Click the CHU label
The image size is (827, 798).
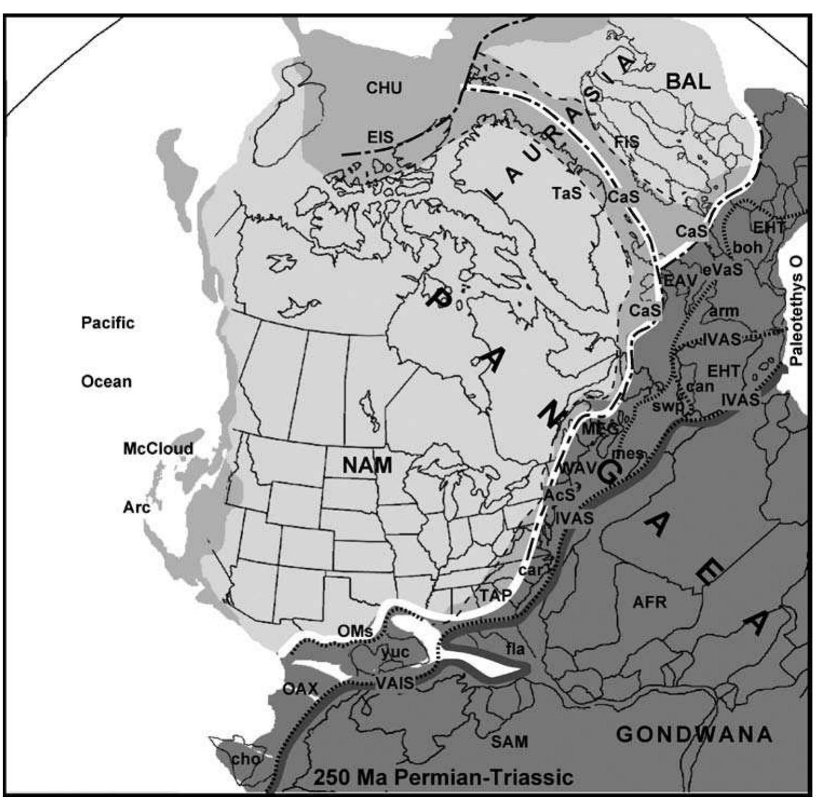pos(384,88)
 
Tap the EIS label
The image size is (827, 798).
pos(380,137)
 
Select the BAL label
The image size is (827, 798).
pos(688,81)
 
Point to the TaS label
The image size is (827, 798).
pos(566,192)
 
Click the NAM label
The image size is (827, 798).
pos(367,465)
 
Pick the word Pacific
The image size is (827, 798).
pos(107,323)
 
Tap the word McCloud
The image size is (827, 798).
pos(158,449)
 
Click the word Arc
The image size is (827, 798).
pos(136,507)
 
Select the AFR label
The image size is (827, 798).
pos(650,602)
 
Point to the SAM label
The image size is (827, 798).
pos(509,741)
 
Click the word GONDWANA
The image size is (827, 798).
pos(694,734)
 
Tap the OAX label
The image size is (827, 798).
pos(300,689)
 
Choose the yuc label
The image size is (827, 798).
pos(395,652)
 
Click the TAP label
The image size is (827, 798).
pos(496,595)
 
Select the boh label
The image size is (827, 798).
pos(748,247)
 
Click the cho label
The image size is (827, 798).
pos(245,759)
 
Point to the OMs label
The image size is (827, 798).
pos(355,630)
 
